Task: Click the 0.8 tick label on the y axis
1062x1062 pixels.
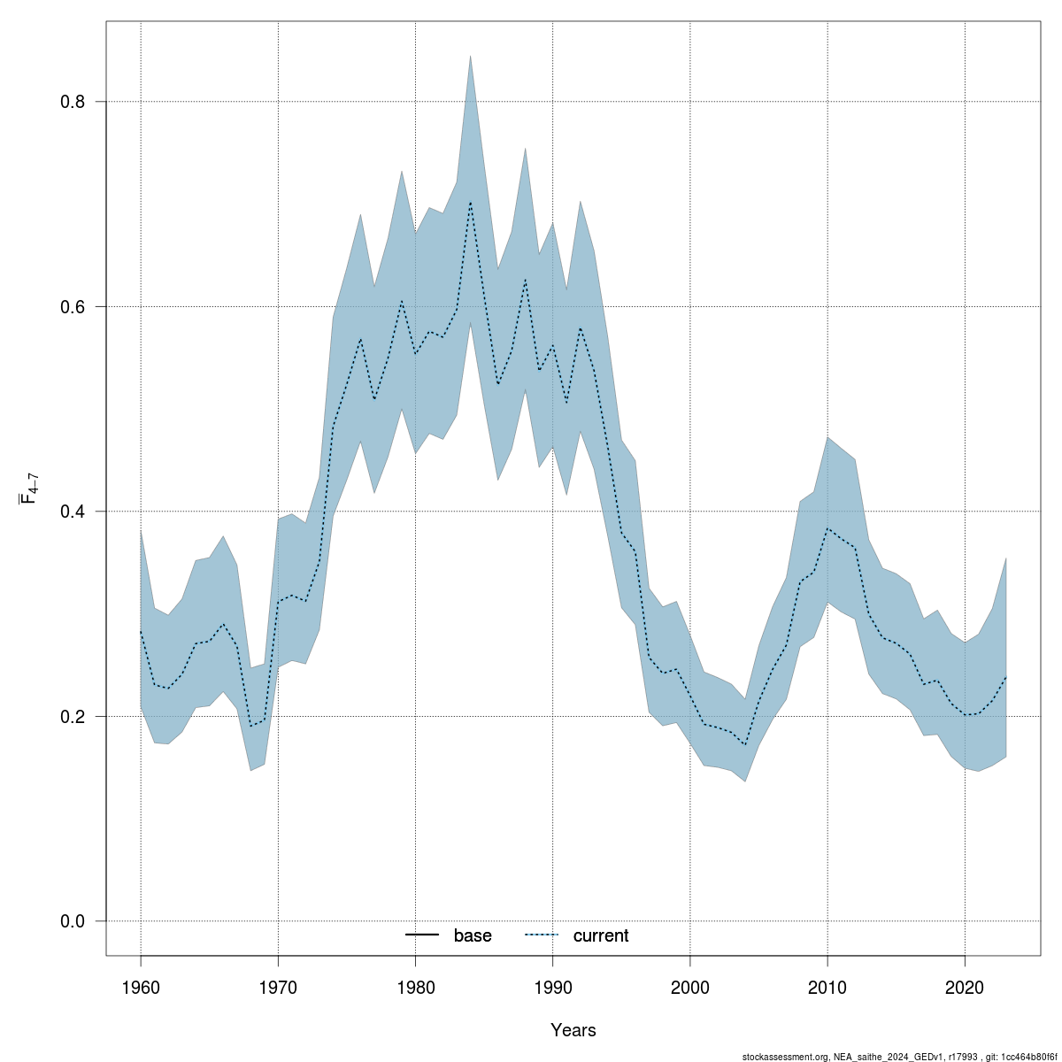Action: coord(73,102)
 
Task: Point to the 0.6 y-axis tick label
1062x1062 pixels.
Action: coord(73,307)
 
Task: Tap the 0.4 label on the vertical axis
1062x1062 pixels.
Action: coord(73,512)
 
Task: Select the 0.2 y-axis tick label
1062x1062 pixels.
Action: coord(73,717)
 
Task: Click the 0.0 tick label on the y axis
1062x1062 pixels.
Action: coord(73,921)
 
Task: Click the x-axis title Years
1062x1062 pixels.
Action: coord(573,1030)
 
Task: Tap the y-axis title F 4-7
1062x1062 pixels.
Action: coord(28,488)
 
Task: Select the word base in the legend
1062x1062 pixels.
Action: coord(473,935)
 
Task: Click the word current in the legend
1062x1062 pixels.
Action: coord(601,935)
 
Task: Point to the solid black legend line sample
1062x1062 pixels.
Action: coord(423,935)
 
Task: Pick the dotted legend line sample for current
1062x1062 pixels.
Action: coord(542,935)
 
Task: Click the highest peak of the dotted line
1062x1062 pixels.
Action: coord(470,202)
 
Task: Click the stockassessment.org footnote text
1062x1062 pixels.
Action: coord(897,1056)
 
